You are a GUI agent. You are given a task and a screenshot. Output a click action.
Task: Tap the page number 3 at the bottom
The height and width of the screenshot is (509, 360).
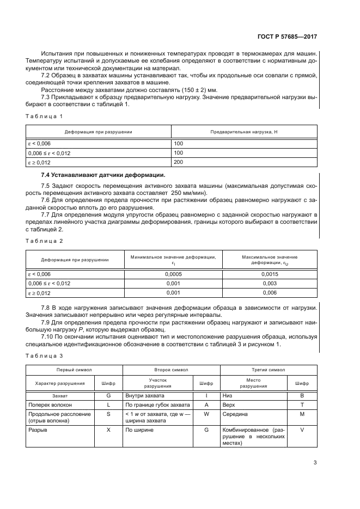point(315,463)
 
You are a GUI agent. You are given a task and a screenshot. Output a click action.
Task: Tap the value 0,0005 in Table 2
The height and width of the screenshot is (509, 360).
point(172,274)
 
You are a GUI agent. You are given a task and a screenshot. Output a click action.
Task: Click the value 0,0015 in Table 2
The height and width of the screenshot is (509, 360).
point(269,274)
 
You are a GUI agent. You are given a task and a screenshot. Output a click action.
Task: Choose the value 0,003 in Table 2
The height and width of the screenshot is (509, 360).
point(269,283)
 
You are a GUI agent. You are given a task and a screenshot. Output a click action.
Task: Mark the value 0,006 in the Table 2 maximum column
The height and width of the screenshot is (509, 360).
point(269,292)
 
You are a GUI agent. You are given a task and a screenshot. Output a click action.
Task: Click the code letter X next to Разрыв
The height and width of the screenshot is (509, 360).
point(108,430)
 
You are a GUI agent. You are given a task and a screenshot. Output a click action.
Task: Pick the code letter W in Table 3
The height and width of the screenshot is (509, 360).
point(206,414)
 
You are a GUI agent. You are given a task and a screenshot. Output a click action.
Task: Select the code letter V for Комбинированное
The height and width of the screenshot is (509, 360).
point(302,430)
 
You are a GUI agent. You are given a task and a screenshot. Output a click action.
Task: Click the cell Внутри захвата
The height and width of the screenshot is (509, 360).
point(144,395)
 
